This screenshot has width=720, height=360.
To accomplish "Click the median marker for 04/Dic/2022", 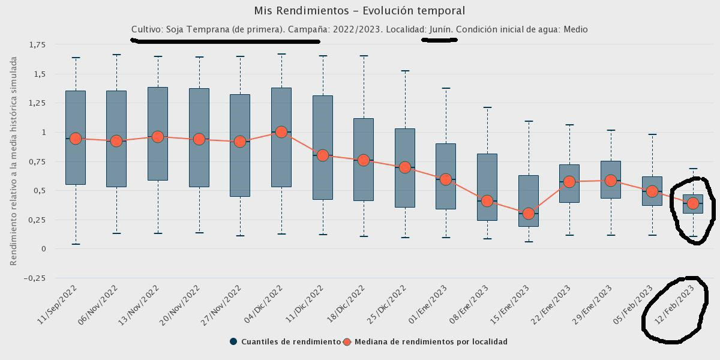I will pos(281,132).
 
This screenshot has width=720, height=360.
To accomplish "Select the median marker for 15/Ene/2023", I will pos(528,214).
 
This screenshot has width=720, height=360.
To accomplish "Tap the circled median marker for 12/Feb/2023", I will pos(693,203).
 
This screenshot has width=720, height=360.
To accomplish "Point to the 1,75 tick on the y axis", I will pos(37,44).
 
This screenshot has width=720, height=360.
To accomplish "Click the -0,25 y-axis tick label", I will pos(35,278).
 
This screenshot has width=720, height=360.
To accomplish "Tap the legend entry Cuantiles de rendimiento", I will pos(284,342).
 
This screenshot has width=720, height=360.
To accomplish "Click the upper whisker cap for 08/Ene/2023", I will pos(487,108).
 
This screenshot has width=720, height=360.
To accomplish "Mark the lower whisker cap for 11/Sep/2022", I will pos(76,244).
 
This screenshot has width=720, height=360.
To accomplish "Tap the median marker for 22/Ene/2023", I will pos(569,181).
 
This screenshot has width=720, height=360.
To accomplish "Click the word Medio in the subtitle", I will pos(575,29).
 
